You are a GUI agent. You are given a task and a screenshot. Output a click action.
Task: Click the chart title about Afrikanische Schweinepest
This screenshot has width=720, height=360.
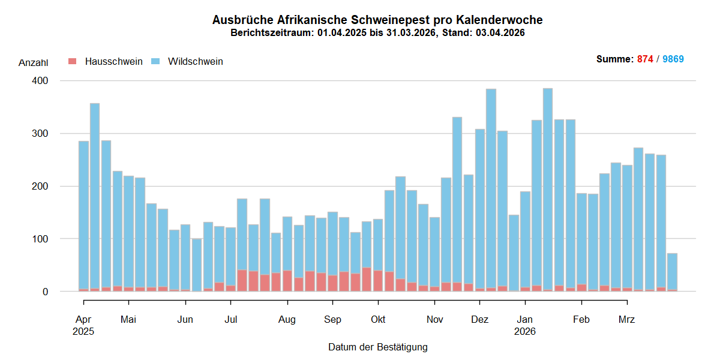[377, 20]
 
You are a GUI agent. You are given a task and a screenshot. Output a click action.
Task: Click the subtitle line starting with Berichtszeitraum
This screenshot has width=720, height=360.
[377, 33]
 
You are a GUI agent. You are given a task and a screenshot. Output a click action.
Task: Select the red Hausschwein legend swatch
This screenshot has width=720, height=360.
[73, 62]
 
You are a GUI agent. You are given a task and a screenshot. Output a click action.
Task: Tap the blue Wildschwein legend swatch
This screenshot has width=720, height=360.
[155, 62]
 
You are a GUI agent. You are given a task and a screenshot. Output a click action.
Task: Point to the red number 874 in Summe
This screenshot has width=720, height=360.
[645, 59]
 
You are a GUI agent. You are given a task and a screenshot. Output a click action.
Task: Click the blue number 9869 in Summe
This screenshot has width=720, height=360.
[673, 59]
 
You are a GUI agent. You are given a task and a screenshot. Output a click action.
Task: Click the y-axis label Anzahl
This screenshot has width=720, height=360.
[33, 62]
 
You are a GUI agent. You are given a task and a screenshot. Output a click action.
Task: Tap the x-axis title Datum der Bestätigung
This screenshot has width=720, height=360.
[377, 347]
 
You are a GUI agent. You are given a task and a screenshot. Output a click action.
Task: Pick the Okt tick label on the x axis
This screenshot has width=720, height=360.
[377, 319]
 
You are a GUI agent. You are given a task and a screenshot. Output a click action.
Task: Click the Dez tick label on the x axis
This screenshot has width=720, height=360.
[479, 319]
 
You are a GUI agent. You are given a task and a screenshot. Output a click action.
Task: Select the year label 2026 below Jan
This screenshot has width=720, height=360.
[525, 331]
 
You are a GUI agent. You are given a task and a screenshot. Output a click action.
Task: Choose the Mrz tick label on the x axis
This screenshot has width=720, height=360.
[626, 319]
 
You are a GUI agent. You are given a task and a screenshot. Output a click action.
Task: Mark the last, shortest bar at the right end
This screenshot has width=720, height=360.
[672, 273]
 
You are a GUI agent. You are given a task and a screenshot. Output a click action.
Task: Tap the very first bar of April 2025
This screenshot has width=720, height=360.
[83, 216]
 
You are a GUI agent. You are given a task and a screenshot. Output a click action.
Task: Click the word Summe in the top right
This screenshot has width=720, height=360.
[613, 59]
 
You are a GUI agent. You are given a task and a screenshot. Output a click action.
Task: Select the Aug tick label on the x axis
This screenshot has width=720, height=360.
[287, 319]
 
